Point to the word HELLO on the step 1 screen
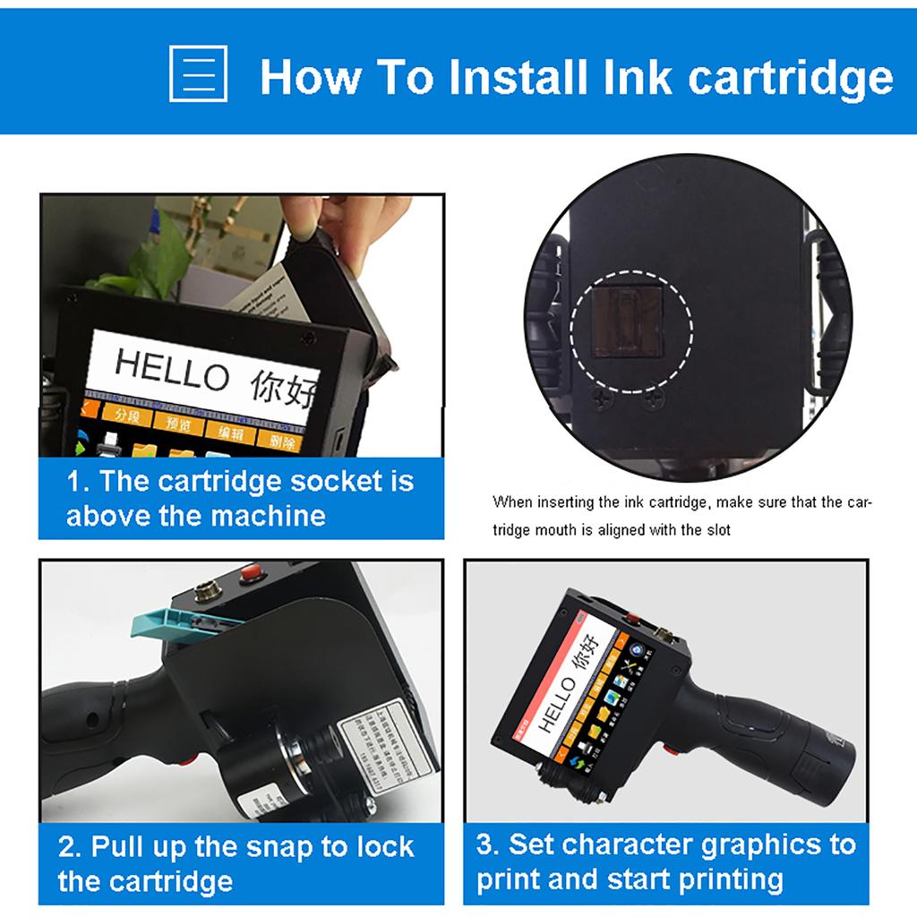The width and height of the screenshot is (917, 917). click(171, 369)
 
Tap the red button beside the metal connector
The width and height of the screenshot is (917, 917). click(251, 570)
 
